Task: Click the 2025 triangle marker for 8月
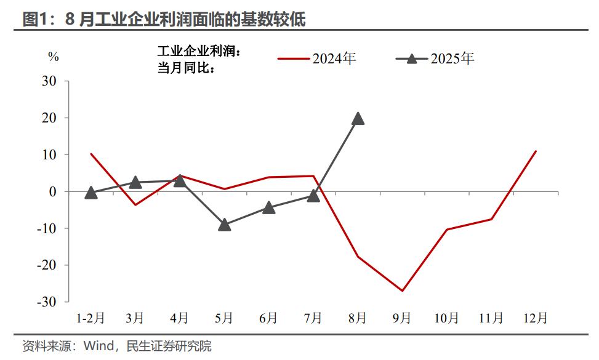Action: tap(358, 118)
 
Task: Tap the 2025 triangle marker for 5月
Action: tap(224, 225)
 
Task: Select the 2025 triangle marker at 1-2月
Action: tap(90, 193)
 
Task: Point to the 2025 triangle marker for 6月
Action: tap(268, 207)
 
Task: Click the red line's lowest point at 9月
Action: tap(402, 290)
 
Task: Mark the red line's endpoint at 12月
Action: tap(536, 151)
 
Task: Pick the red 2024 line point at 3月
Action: tap(135, 204)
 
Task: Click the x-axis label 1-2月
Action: tap(90, 318)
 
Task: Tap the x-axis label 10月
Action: tap(446, 318)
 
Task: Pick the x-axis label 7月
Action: tap(313, 318)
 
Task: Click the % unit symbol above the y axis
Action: tap(54, 57)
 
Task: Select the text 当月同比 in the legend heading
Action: tap(182, 68)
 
